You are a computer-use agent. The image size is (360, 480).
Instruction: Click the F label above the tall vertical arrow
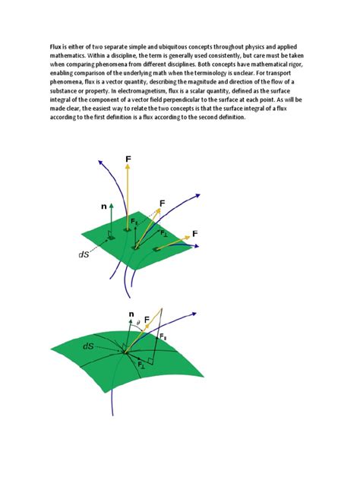click(128, 159)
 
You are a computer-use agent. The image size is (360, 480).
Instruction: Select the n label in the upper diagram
click(103, 207)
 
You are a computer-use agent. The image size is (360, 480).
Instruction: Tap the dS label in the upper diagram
click(84, 255)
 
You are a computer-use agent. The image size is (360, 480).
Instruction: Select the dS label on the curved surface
click(89, 346)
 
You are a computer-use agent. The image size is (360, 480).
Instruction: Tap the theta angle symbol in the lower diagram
click(138, 322)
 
